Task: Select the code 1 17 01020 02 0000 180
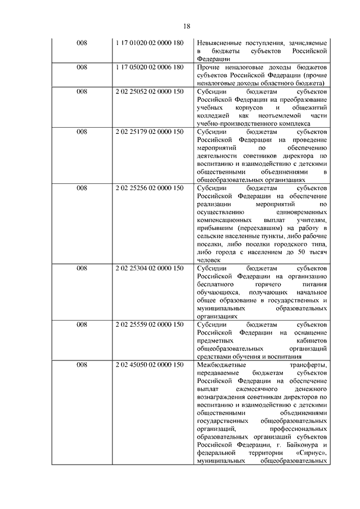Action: (149, 43)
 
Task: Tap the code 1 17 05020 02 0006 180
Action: (149, 67)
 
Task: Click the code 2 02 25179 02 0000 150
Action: (149, 132)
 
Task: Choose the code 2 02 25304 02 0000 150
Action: (149, 268)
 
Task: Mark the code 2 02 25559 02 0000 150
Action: (149, 325)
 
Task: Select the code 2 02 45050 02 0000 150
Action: (149, 365)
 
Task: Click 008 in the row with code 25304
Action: (82, 268)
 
